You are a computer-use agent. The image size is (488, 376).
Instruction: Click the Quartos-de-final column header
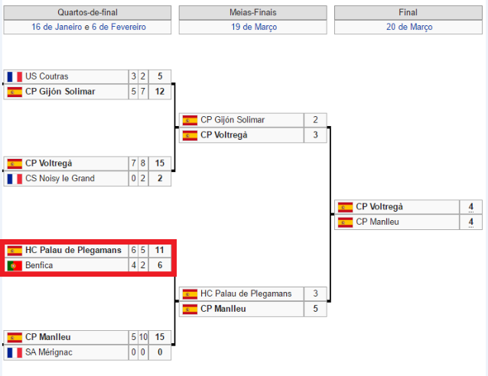[x=87, y=12]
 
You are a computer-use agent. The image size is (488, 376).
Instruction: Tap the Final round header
[x=408, y=12]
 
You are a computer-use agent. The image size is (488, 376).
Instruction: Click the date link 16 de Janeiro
[x=57, y=27]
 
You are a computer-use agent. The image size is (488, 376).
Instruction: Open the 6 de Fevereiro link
[x=119, y=27]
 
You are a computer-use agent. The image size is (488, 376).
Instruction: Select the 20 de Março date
[x=408, y=27]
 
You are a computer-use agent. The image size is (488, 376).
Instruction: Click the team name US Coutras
[x=47, y=76]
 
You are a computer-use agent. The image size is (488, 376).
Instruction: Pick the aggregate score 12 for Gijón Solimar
[x=160, y=92]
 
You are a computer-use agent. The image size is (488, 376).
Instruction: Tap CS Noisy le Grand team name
[x=60, y=178]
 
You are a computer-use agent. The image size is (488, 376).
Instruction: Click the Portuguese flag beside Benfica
[x=15, y=265]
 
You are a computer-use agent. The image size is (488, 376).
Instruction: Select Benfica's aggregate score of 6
[x=160, y=265]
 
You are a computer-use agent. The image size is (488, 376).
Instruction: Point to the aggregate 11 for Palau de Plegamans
[x=160, y=250]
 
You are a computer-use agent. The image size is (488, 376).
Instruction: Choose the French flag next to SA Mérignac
[x=15, y=352]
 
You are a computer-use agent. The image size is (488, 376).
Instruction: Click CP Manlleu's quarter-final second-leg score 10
[x=143, y=337]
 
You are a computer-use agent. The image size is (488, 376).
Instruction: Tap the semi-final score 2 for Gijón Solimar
[x=315, y=120]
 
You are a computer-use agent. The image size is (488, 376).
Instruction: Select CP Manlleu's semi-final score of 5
[x=315, y=309]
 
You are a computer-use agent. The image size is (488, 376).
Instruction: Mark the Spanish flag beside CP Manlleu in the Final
[x=346, y=222]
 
